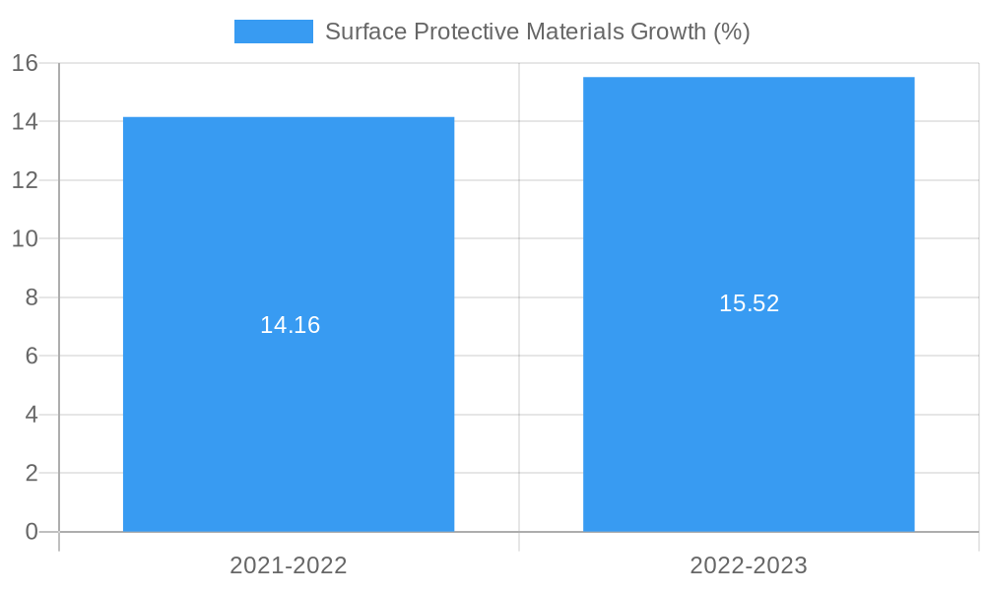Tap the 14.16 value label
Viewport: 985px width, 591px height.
290,325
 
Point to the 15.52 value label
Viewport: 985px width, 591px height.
749,303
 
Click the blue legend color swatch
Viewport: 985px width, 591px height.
273,32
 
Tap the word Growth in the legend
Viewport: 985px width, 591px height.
668,32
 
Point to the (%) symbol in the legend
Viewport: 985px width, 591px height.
731,32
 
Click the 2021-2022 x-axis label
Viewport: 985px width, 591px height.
289,565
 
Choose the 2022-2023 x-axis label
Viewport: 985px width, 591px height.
749,565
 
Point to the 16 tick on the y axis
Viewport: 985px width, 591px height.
25,63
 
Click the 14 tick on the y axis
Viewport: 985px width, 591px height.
25,122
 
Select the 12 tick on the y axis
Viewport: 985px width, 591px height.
25,180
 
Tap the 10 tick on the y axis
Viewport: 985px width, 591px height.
25,239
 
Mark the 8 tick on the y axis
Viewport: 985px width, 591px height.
32,297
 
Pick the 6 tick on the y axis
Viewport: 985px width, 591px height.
32,356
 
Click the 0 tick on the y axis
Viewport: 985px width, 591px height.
32,532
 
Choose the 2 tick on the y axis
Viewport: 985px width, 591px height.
32,473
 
